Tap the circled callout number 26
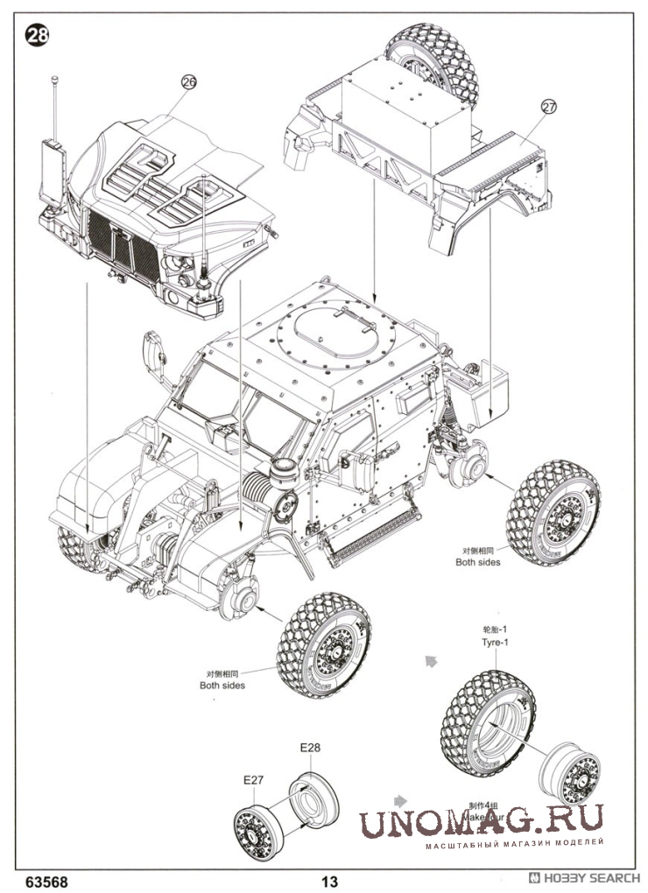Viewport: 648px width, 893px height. pos(188,81)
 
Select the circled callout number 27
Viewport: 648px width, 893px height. pos(548,107)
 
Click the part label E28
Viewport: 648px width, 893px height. pos(312,749)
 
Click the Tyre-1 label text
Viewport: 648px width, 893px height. pos(494,642)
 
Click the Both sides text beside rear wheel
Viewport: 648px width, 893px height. pos(478,562)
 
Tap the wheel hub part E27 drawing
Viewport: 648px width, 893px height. pos(256,823)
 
